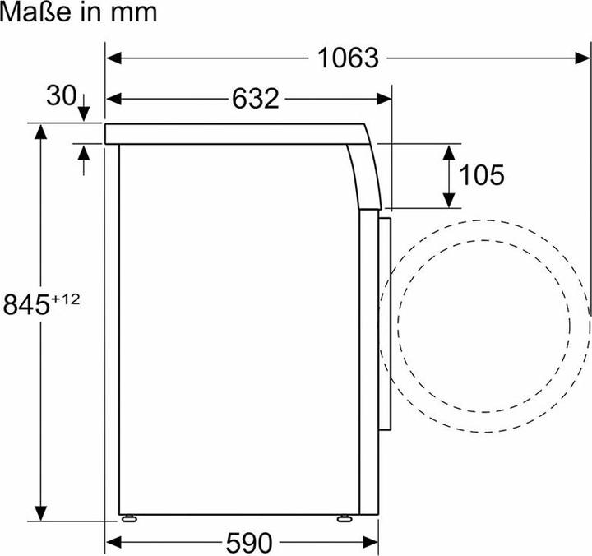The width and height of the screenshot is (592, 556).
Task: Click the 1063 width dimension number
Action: coord(348,58)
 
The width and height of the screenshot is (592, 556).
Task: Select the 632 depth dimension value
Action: coord(255,99)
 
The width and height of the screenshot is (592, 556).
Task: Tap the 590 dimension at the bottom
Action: coord(249,543)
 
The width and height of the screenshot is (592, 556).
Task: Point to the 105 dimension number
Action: coord(481,175)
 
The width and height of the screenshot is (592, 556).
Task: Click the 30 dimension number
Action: coord(61,95)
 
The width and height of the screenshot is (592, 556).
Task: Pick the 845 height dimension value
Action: coord(26,305)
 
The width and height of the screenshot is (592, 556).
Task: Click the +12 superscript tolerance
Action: coord(66,299)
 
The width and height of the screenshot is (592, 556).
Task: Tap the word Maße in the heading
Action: coord(35,12)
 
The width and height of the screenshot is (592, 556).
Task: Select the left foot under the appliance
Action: coord(129,518)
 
